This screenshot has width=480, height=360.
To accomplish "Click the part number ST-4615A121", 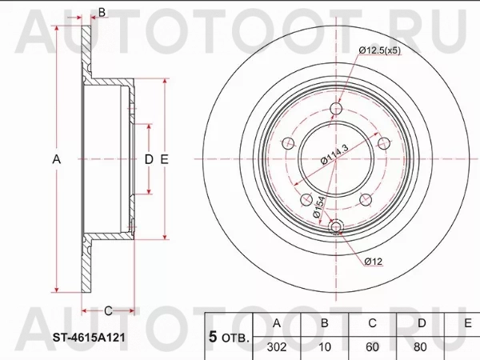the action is tap(89, 338).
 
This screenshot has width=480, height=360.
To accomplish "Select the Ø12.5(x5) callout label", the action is tap(379, 50).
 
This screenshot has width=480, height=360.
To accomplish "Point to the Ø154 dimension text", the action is tap(318, 207).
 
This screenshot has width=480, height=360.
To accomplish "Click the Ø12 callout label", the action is tap(374, 262).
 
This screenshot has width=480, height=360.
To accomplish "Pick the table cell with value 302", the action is tap(277, 347).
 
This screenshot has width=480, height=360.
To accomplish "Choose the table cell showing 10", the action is tap(325, 347).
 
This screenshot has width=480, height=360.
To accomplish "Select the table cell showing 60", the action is tap(372, 347).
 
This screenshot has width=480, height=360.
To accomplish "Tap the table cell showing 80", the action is tap(420, 347).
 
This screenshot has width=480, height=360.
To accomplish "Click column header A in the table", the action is tap(277, 323).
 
